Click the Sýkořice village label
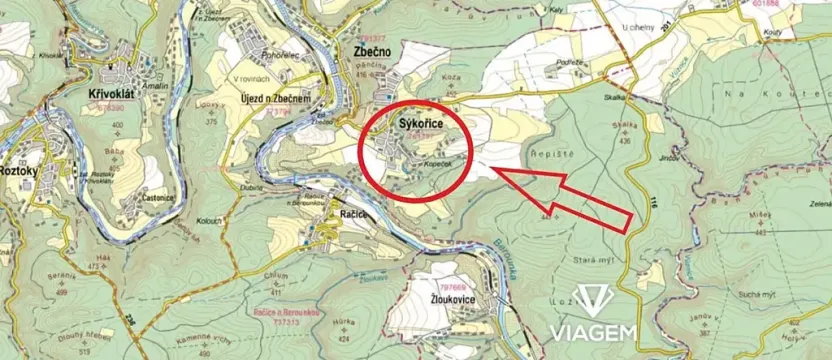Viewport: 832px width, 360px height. click(x=420, y=123)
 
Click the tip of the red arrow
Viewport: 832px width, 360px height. click(x=497, y=173)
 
